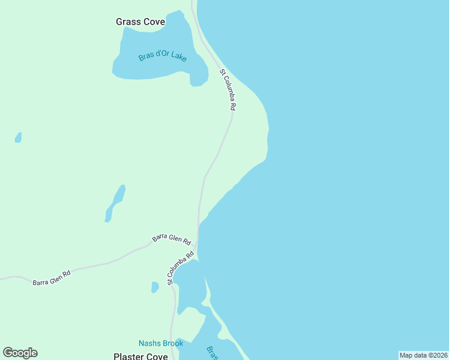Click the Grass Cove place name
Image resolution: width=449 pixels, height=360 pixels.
[140, 22]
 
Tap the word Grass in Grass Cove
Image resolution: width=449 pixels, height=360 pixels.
[128, 22]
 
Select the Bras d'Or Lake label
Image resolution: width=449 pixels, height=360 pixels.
[163, 57]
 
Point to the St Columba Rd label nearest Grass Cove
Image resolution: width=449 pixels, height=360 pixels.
[228, 89]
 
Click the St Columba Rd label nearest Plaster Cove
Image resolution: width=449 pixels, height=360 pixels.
[181, 267]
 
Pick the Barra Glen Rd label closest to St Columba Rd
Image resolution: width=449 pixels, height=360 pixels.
[171, 239]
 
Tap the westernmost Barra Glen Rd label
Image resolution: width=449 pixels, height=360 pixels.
[52, 277]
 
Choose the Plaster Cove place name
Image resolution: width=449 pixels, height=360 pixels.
[140, 356]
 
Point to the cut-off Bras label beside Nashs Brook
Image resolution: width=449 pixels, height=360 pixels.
[211, 352]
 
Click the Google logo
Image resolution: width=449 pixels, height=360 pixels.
[20, 353]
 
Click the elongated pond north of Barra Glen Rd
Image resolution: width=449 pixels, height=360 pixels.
[116, 202]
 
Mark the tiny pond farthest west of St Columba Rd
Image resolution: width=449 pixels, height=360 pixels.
[18, 138]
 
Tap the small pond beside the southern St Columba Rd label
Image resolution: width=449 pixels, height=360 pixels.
[155, 287]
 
